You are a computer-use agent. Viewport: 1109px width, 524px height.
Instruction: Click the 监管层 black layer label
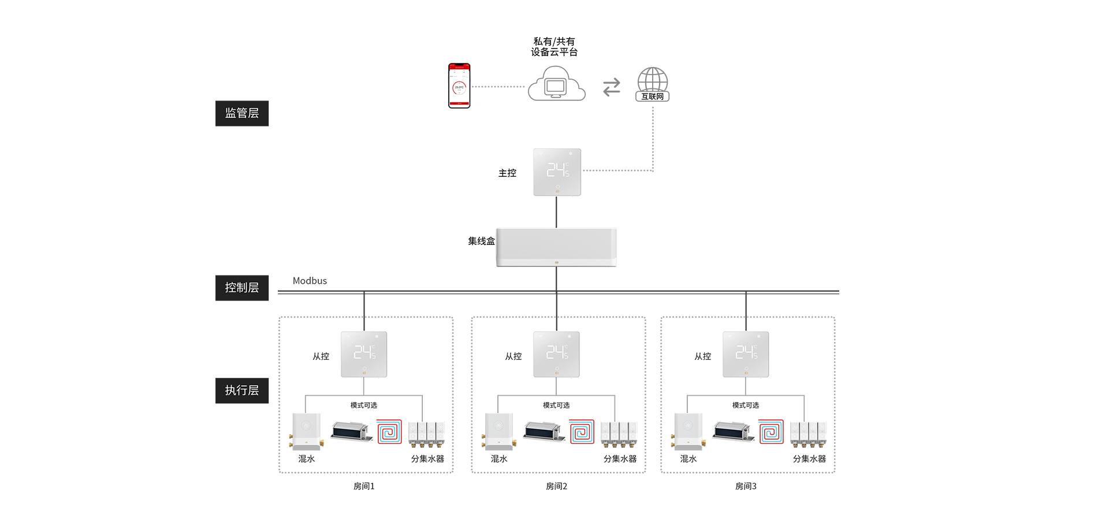[242, 113]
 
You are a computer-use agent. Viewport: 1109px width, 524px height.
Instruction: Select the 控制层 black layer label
[242, 288]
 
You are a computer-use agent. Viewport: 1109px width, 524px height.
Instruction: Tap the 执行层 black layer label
[242, 391]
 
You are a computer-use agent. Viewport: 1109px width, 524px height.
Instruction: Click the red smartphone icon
[459, 86]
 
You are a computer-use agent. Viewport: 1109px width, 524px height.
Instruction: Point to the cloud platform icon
[556, 84]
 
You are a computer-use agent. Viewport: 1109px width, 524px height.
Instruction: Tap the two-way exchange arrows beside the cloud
[612, 87]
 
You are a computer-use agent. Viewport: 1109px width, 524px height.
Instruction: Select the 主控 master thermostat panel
[557, 172]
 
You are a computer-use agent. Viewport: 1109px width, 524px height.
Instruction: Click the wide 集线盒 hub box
[556, 247]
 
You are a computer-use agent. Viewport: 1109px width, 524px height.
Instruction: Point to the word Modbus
[310, 281]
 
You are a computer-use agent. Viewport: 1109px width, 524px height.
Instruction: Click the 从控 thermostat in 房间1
[364, 354]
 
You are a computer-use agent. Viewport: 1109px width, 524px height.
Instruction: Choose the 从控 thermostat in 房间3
[746, 354]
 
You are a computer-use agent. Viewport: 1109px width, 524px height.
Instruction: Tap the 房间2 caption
[556, 486]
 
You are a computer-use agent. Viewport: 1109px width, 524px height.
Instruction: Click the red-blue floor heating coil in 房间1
[389, 432]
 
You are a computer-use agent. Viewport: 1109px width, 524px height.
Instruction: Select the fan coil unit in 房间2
[544, 432]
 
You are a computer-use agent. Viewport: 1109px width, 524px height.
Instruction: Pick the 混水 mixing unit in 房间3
[688, 432]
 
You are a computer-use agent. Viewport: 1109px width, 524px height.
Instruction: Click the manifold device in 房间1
[426, 434]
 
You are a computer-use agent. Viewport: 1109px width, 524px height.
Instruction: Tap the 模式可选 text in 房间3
[746, 406]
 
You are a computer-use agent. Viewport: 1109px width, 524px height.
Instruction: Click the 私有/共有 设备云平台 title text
[554, 47]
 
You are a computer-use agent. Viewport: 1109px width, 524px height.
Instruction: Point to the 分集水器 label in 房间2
[620, 459]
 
